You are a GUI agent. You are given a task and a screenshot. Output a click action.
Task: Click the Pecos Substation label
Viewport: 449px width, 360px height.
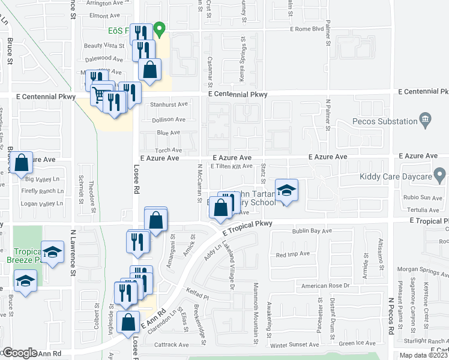tap(385, 122)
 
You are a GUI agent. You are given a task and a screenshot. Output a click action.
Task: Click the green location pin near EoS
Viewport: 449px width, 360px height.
tap(159, 29)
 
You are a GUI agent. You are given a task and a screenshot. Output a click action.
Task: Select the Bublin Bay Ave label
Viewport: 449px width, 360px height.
tap(312, 230)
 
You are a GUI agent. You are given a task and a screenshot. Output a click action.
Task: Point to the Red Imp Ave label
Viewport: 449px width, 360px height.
tap(293, 254)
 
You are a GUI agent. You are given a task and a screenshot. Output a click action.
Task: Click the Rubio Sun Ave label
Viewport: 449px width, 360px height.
tap(423, 198)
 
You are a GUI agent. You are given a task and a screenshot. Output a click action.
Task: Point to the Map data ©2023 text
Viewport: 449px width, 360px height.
tap(423, 355)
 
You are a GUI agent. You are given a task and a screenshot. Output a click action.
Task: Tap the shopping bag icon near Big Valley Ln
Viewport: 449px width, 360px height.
tap(22, 163)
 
